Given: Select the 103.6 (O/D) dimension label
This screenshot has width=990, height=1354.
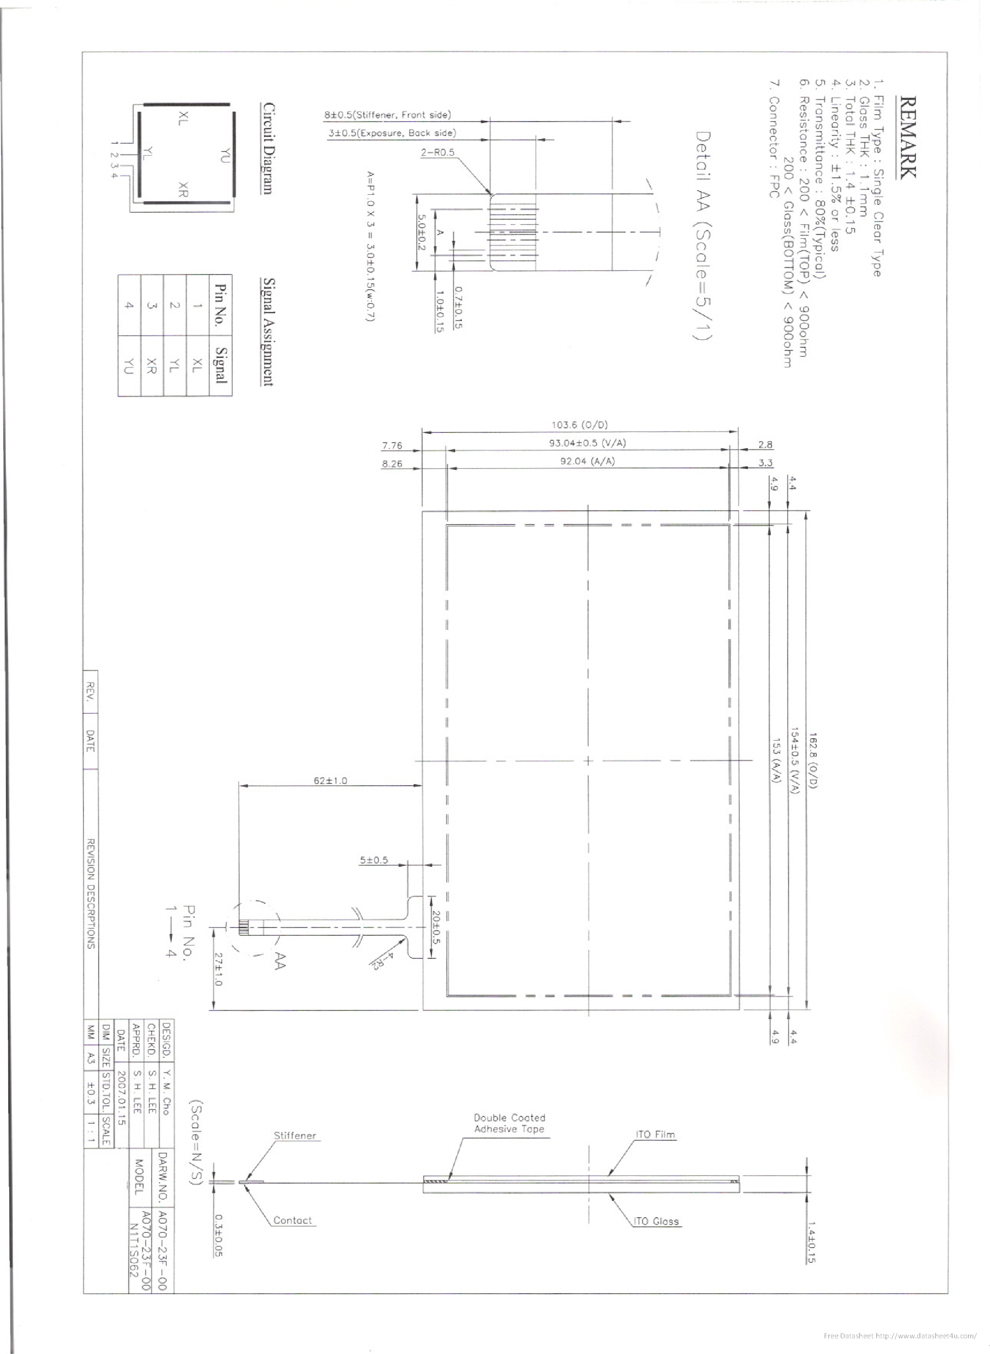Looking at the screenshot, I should (x=579, y=425).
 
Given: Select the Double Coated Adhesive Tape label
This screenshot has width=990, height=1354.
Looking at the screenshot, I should (x=509, y=1123).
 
